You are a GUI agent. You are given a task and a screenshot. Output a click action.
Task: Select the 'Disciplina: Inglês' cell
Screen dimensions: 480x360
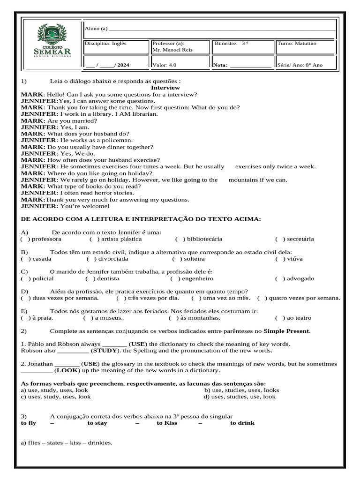[x=105, y=44]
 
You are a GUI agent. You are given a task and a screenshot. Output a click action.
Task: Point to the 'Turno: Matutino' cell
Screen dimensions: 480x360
[x=297, y=44]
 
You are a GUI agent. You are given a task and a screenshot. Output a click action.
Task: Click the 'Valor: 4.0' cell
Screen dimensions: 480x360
[x=165, y=65]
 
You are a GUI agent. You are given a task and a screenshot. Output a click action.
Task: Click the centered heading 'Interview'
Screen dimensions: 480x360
[x=165, y=88]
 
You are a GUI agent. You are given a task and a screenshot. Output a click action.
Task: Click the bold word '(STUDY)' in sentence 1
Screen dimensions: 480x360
[x=105, y=351]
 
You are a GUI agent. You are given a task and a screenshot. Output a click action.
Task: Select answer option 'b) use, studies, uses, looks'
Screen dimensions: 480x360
[x=241, y=390]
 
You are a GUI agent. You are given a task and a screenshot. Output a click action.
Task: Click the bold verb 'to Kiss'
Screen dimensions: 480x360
[x=167, y=423]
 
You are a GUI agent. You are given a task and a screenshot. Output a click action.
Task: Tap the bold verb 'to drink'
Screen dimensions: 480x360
[x=242, y=423]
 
